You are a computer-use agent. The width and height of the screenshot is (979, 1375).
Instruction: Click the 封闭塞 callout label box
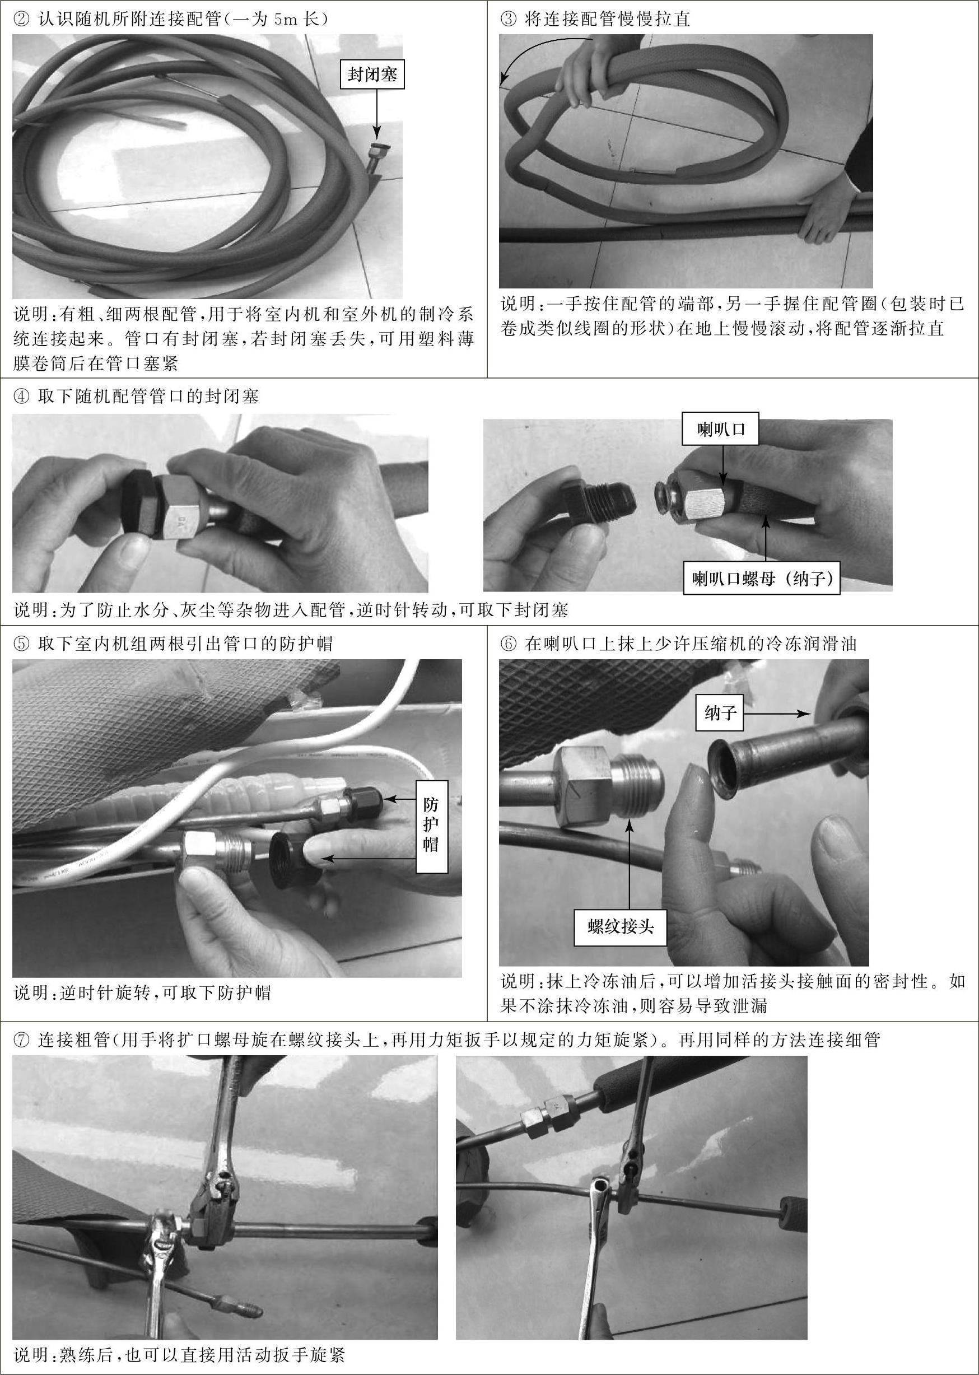coord(372,74)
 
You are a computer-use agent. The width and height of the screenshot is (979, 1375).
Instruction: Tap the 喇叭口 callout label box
coord(720,429)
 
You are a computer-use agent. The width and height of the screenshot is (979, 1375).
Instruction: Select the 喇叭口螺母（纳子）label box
coord(761,579)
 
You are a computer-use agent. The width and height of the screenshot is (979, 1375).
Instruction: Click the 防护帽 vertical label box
coord(432,826)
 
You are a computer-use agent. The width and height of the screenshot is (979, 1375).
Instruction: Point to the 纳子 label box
coord(720,714)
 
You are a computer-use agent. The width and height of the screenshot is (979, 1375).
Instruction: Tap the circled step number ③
coord(508,19)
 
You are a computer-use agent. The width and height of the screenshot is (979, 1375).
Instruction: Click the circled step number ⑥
coord(508,644)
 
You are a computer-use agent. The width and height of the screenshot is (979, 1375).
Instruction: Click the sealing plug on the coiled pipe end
coord(381,148)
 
